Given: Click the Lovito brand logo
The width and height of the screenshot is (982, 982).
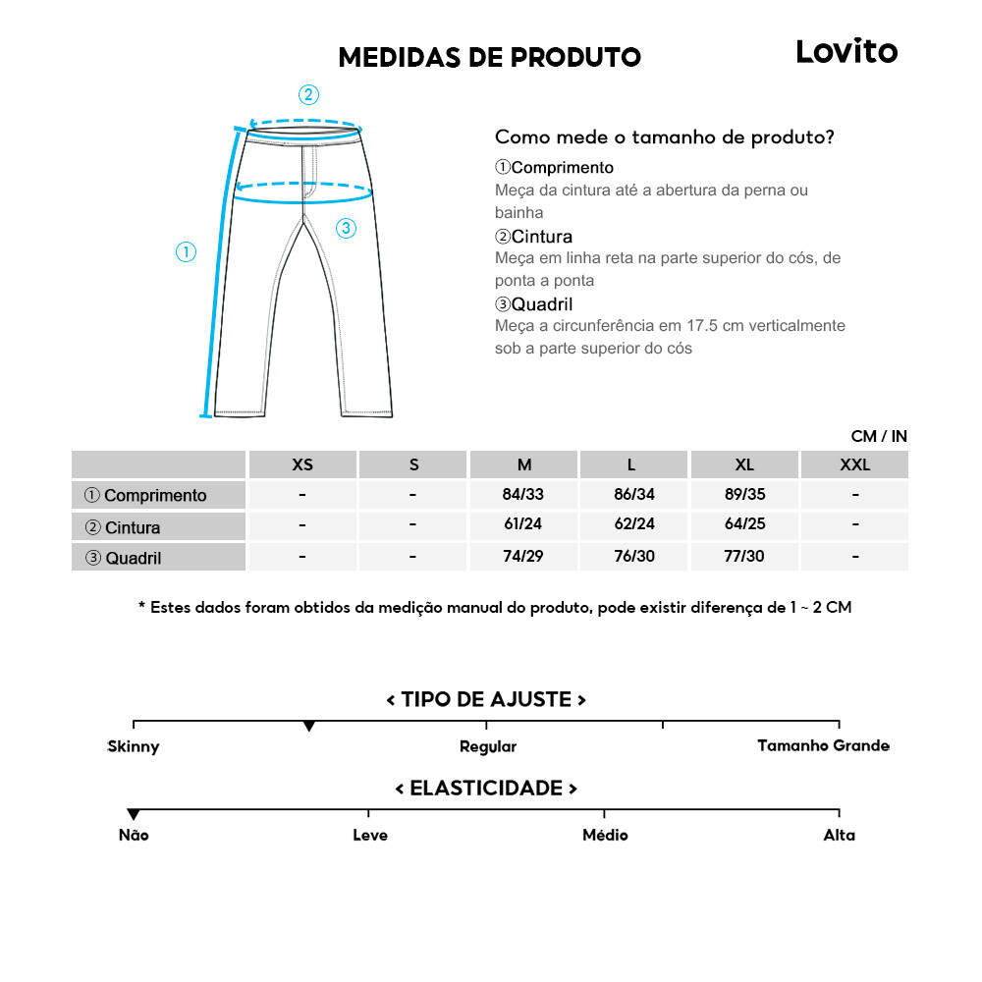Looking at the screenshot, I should point(846,52).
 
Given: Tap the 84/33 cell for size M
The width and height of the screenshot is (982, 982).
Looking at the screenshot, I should point(523,494).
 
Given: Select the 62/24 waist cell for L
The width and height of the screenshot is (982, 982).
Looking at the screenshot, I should point(634,525).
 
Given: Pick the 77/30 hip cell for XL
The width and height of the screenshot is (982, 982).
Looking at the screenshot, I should point(744,557).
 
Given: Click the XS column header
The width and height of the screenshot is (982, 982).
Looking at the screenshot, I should point(302,464).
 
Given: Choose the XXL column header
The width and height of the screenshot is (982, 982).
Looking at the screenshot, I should point(854,464).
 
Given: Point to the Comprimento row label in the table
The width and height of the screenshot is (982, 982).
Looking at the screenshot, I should point(146,495).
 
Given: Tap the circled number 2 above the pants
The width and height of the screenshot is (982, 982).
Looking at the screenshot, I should point(308,95).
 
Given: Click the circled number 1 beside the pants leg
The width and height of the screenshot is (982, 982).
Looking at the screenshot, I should point(186,252).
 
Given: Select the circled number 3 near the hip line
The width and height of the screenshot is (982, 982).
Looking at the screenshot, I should point(346,229).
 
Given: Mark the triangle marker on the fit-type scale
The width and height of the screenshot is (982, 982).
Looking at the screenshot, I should point(309,727).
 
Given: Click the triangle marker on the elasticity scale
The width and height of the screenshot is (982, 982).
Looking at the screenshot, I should point(134,814).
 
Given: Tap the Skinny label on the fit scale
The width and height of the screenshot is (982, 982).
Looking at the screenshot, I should point(134,746).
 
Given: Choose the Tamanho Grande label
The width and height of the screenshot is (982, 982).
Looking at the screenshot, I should point(823,745).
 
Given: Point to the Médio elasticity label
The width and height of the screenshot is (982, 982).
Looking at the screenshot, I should point(605,835).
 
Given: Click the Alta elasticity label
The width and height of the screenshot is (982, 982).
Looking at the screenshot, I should point(840,835).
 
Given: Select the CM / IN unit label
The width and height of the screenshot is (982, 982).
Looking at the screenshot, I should point(879,436).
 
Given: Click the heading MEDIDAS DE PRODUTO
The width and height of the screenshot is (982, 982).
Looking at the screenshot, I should point(489,57).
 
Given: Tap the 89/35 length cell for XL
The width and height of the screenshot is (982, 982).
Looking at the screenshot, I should point(744,494).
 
